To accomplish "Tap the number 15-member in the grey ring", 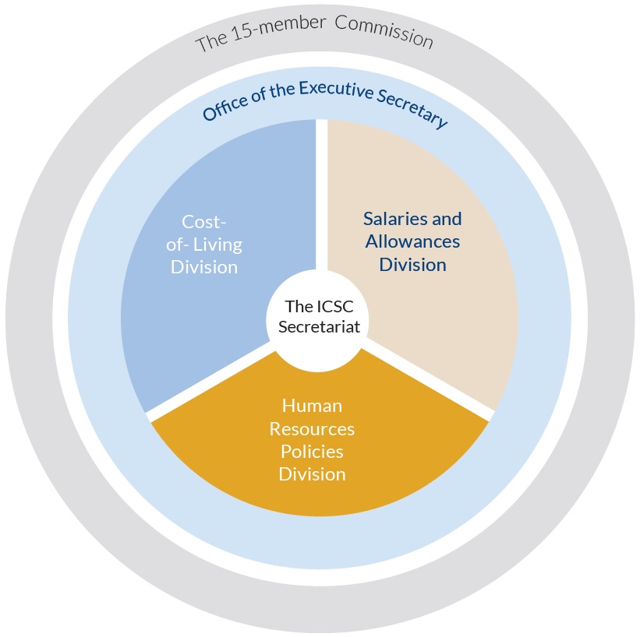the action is (278, 29).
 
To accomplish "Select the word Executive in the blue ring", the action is (336, 90).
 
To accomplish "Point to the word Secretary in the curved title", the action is (412, 107).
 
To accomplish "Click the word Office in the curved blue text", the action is (225, 107).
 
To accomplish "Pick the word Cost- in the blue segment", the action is (203, 222).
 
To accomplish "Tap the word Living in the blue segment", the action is (217, 245).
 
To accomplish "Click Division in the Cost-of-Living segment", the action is (204, 267).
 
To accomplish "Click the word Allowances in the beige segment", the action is (412, 241).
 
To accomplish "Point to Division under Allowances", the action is (412, 265).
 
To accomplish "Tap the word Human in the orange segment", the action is (313, 406).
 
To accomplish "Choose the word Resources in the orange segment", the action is (313, 429).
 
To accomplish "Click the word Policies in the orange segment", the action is (313, 452).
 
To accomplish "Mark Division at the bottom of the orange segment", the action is (313, 474).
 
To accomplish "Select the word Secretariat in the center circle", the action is (319, 326).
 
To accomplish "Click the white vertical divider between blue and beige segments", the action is (322, 195).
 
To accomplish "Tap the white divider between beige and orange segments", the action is (429, 379).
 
